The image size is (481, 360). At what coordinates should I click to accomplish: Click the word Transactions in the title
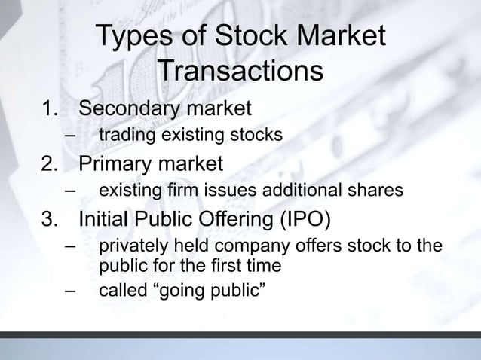242,72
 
